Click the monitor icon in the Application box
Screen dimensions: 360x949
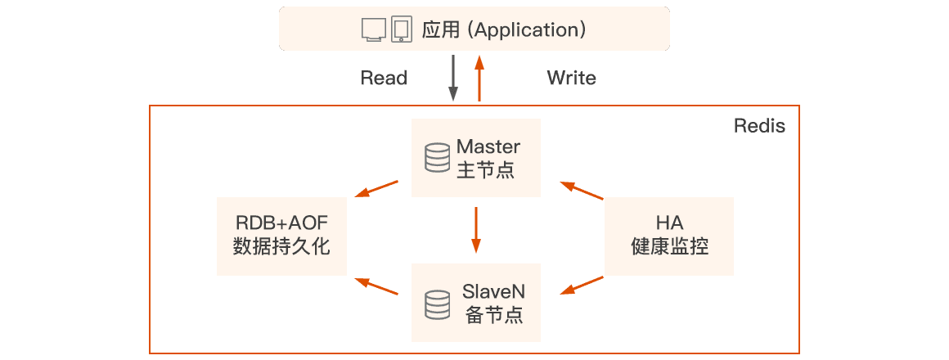tap(373, 29)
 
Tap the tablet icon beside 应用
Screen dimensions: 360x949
tap(401, 29)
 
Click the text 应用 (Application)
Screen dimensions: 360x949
tap(504, 29)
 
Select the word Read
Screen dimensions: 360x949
tap(384, 79)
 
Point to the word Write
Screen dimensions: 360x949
tap(571, 79)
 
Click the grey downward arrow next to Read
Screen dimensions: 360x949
tap(453, 79)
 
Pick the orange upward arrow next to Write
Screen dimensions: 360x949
tap(480, 79)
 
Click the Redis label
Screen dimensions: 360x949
tap(759, 127)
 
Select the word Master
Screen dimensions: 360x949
tap(488, 147)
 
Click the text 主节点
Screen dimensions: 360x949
tap(486, 170)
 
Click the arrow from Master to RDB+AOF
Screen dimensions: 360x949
tap(377, 190)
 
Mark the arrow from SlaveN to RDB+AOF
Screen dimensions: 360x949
tap(377, 286)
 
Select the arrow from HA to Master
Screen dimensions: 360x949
tap(582, 191)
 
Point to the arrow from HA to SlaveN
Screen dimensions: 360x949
tap(582, 286)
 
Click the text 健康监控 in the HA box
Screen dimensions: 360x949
tap(669, 246)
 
